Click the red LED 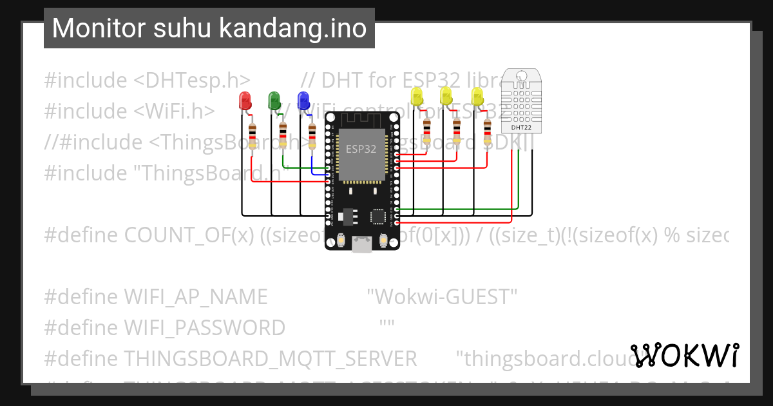point(245,100)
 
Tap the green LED point(274,100)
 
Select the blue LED point(304,100)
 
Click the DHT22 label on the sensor point(521,127)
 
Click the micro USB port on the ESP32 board point(361,243)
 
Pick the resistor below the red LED point(253,136)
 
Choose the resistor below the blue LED point(312,136)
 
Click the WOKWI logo point(685,355)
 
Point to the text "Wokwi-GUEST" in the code point(442,297)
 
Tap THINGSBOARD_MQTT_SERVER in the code point(271,358)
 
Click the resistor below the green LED point(283,136)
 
